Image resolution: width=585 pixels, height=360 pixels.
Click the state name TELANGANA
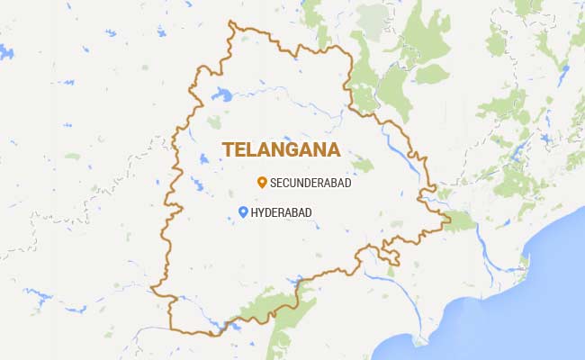pos(281,149)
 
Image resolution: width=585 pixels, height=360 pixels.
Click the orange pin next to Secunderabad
pos(261,182)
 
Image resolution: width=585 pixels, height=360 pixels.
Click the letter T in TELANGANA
pos(228,149)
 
